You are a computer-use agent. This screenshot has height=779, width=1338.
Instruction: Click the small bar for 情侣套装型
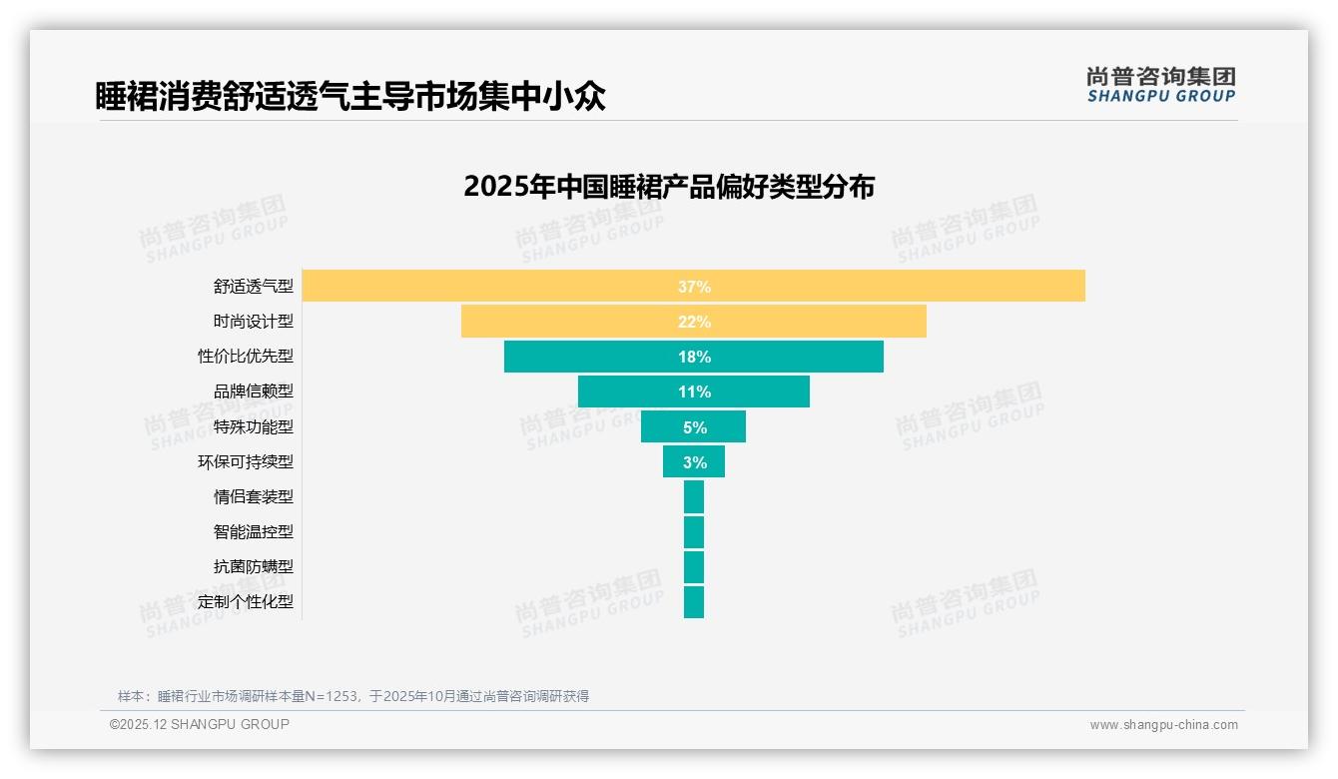tap(694, 496)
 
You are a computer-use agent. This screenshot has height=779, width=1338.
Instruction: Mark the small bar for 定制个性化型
tap(694, 602)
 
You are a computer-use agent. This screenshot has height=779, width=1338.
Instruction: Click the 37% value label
tap(694, 287)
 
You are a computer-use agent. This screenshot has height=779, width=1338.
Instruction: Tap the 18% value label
tap(694, 357)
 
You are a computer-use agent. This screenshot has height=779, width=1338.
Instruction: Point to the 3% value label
tap(695, 462)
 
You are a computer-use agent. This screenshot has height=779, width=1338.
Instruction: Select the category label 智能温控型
tap(254, 531)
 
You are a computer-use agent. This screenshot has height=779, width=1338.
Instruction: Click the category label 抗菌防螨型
tap(254, 566)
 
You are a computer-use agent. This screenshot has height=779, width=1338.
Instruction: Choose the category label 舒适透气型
tap(254, 287)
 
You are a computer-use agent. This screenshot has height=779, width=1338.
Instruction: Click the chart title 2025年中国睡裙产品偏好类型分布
tap(669, 187)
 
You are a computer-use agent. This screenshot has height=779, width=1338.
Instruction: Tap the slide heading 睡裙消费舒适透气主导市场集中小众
tap(350, 97)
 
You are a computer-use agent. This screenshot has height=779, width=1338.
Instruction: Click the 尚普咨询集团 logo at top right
tap(1161, 85)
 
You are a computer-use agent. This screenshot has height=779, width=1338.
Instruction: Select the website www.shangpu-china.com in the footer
tap(1163, 725)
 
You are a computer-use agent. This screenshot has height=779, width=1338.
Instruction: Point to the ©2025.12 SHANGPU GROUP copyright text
tap(200, 724)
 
